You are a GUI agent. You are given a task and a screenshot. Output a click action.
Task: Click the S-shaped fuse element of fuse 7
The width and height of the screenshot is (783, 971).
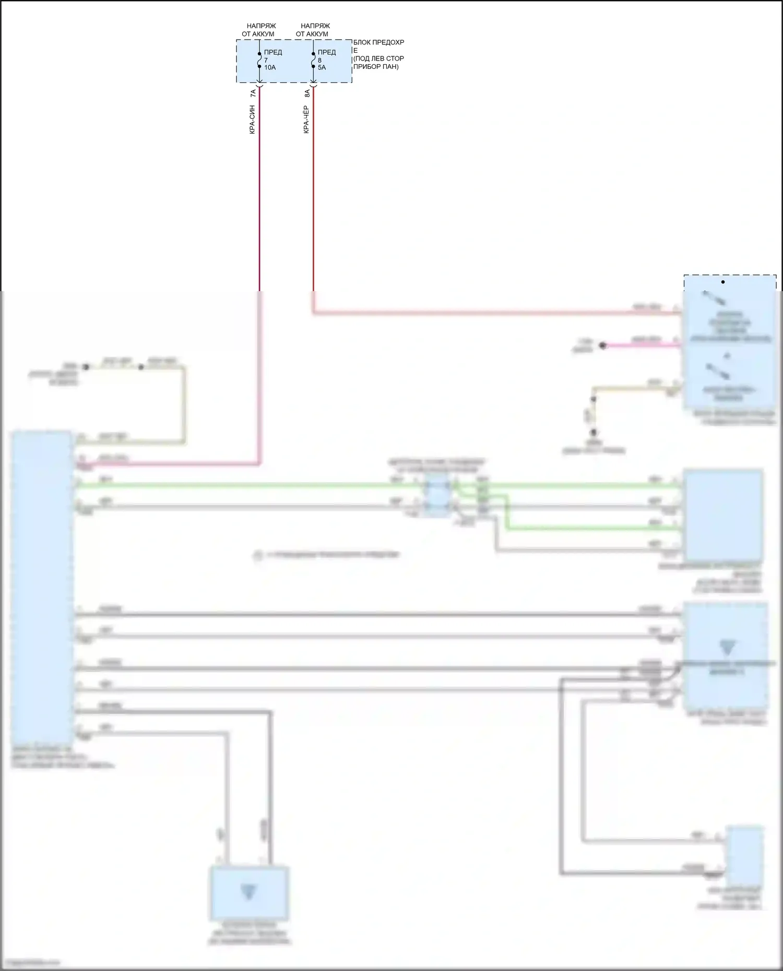click(x=259, y=61)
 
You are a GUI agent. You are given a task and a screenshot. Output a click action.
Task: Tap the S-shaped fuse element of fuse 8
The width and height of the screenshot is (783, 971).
click(x=313, y=61)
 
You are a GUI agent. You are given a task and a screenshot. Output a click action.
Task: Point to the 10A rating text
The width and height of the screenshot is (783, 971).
click(x=270, y=68)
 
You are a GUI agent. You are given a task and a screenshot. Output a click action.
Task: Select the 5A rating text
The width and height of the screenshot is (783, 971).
click(x=322, y=68)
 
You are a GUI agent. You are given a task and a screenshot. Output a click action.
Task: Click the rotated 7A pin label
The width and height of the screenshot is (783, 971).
click(x=253, y=93)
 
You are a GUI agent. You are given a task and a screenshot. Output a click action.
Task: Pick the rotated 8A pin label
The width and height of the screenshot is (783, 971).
click(x=307, y=93)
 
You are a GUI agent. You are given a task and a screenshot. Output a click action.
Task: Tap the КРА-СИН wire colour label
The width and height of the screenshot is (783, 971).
click(x=253, y=120)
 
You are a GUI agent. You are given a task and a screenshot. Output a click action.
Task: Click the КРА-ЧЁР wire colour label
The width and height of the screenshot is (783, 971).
click(x=306, y=120)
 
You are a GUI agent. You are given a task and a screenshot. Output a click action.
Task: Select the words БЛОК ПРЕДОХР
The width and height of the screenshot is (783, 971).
click(x=378, y=42)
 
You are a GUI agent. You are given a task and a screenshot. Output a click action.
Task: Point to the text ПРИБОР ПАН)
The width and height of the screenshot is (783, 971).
click(x=376, y=67)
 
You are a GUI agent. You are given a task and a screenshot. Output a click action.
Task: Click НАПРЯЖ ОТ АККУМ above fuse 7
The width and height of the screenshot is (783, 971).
click(x=259, y=30)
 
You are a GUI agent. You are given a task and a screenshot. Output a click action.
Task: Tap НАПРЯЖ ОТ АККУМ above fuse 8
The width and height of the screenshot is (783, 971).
click(x=314, y=30)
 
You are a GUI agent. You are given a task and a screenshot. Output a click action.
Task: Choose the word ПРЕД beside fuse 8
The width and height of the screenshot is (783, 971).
click(x=327, y=52)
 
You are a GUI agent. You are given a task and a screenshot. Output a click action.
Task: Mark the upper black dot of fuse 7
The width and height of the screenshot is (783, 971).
click(x=259, y=54)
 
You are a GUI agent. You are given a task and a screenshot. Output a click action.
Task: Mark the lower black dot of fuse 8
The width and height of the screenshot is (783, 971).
click(x=313, y=67)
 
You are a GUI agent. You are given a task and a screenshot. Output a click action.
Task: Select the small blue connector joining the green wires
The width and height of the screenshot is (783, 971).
click(x=436, y=496)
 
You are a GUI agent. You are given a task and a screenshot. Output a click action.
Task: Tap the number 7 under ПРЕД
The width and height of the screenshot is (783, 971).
click(x=266, y=61)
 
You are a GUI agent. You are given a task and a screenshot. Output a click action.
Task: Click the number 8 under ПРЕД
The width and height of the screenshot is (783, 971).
click(x=319, y=61)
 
